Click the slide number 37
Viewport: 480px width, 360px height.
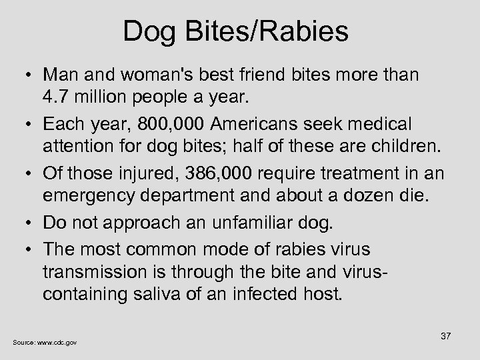tap(445, 336)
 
